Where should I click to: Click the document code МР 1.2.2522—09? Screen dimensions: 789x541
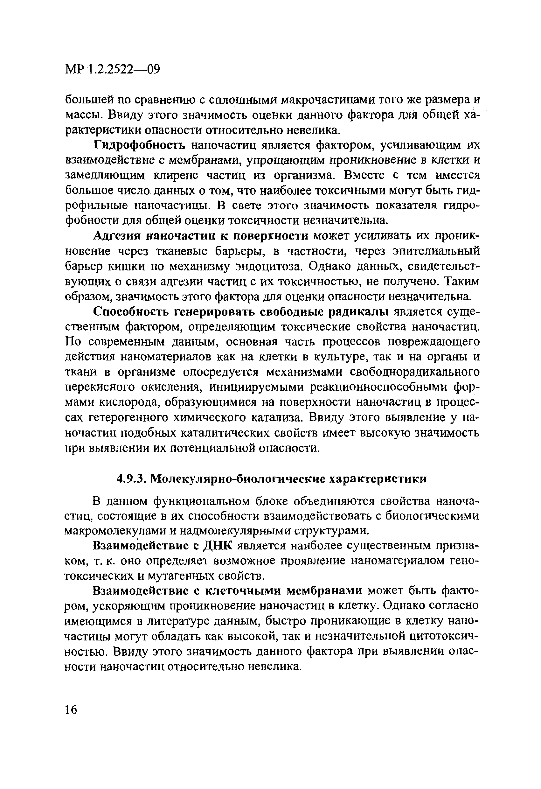coord(112,70)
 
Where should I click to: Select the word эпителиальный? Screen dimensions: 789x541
coord(436,251)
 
